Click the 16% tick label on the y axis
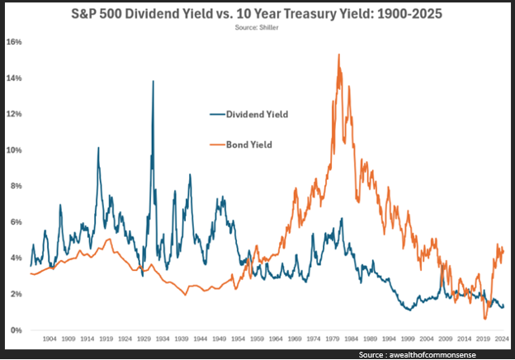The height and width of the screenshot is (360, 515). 15,41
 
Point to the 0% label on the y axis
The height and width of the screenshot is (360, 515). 17,330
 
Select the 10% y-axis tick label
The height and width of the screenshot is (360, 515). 15,149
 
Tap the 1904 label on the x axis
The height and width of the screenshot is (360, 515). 50,339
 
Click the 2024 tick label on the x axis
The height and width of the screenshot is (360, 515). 500,339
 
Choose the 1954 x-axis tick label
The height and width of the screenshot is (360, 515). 238,339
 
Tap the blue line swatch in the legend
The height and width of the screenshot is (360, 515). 217,115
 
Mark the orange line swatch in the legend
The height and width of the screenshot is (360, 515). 217,145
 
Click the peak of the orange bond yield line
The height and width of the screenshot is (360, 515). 339,55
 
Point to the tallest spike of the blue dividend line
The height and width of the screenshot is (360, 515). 153,81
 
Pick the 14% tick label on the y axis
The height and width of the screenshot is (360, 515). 15,78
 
